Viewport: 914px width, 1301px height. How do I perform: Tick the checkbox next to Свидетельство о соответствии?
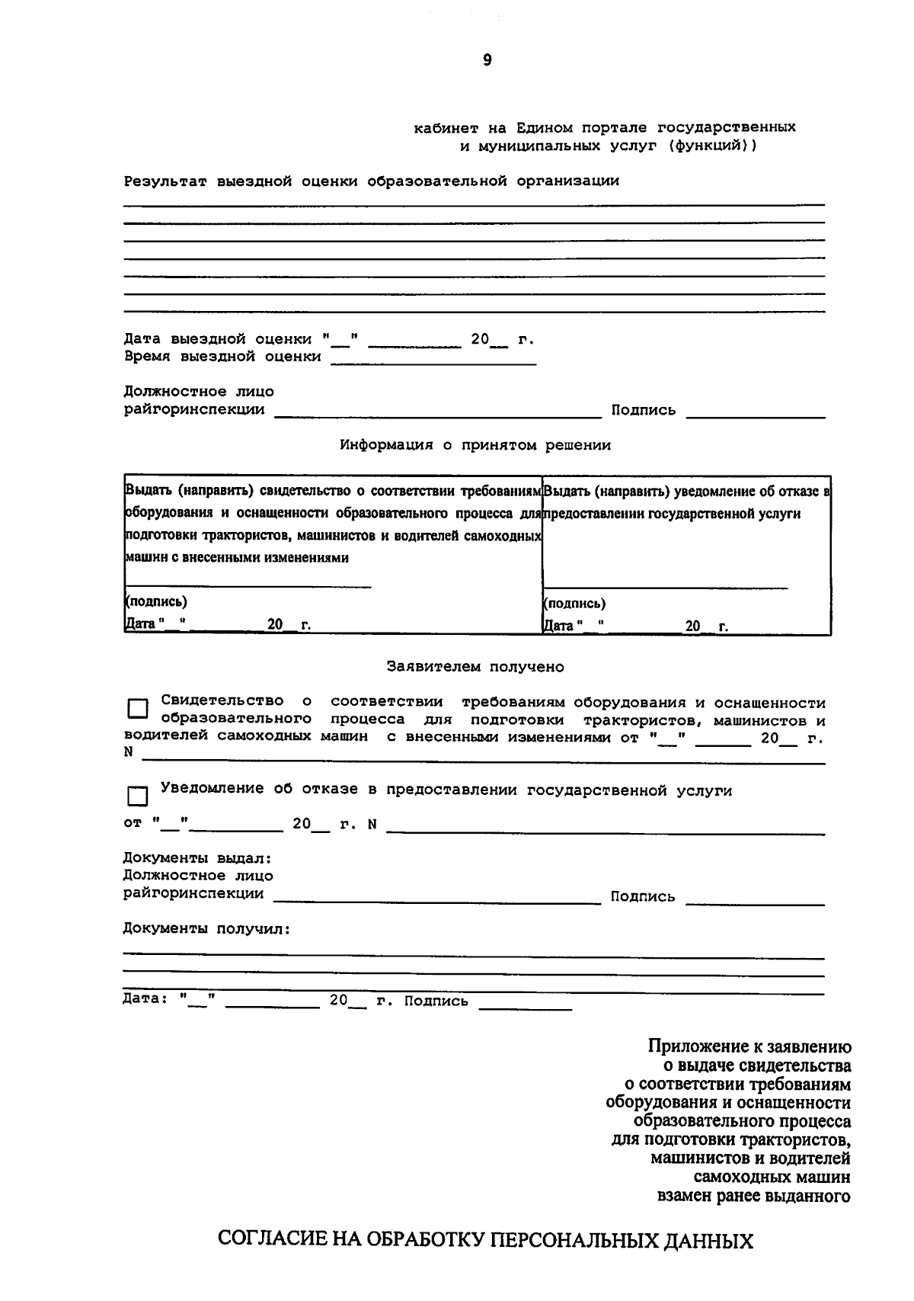[x=138, y=709]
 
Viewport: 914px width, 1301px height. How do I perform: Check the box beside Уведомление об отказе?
[x=138, y=796]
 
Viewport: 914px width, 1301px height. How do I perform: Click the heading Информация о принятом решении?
[x=475, y=445]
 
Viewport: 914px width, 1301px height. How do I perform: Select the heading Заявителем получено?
[x=475, y=667]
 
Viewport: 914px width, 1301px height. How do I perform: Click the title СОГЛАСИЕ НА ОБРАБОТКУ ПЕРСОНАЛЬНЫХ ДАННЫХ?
[x=485, y=1240]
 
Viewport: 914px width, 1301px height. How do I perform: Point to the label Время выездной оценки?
[x=222, y=357]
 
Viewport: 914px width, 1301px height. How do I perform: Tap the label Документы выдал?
[x=197, y=858]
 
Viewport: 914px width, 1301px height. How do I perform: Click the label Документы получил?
[x=206, y=929]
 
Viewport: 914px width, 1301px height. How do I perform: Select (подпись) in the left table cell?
[x=156, y=601]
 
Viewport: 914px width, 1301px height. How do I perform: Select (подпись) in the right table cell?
[x=574, y=604]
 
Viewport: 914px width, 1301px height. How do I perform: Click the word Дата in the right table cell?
[x=558, y=626]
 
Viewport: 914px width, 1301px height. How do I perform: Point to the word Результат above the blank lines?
[x=165, y=181]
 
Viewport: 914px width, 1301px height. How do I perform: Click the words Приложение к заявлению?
[x=749, y=1047]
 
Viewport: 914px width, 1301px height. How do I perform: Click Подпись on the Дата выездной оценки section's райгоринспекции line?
[x=643, y=410]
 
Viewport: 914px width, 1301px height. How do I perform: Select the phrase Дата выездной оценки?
[x=218, y=339]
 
